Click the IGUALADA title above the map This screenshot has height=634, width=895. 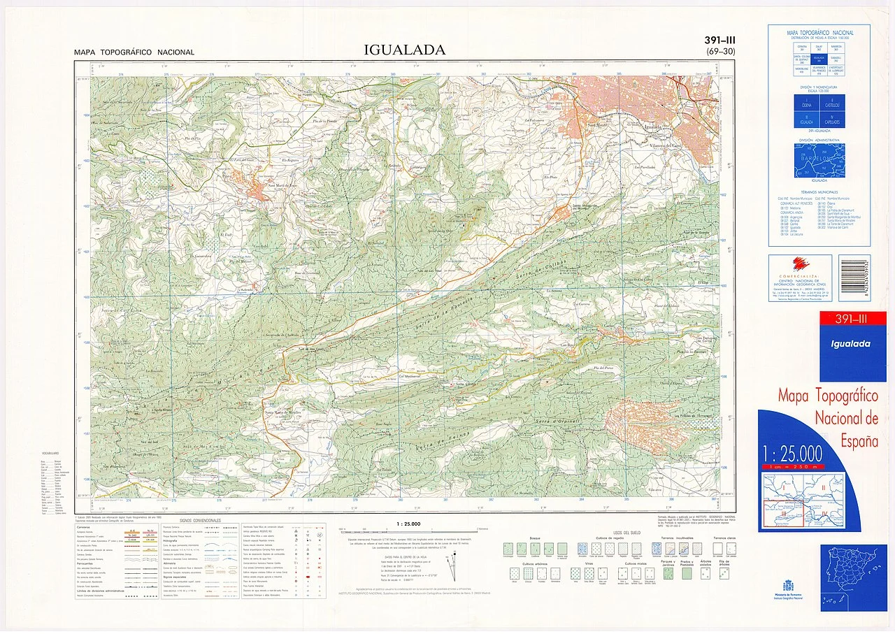pos(404,50)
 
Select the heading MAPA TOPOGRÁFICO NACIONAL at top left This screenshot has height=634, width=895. pos(135,52)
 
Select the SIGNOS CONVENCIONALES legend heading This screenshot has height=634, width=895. pos(200,521)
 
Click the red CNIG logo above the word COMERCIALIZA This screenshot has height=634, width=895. pos(799,264)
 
